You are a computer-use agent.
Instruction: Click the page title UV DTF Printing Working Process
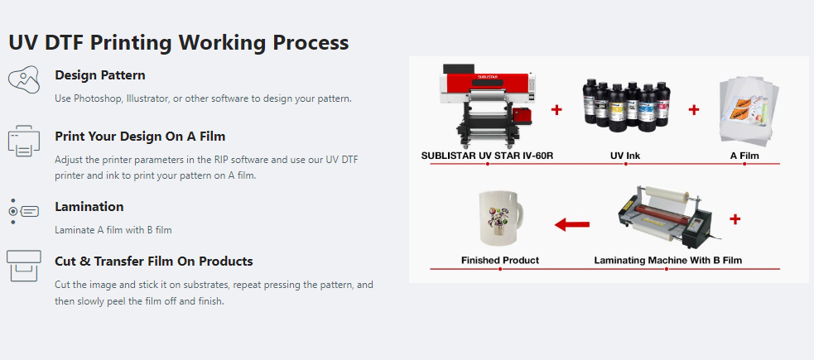tap(179, 42)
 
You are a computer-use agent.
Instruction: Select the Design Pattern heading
tap(100, 75)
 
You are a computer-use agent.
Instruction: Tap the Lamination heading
tap(89, 206)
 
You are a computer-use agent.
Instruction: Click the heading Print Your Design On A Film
tap(140, 137)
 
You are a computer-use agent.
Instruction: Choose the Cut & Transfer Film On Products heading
tap(154, 261)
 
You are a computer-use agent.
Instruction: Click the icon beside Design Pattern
tap(24, 79)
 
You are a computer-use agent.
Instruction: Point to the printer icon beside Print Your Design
tap(24, 141)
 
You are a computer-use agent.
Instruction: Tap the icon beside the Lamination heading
tap(24, 211)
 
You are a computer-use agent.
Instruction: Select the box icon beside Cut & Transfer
tap(24, 266)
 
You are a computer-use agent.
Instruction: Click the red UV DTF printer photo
tap(488, 106)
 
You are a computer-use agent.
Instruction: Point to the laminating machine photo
tap(666, 217)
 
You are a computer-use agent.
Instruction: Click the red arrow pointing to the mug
tap(572, 224)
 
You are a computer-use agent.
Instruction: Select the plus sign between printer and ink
tap(556, 110)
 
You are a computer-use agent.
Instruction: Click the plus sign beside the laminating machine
tap(735, 219)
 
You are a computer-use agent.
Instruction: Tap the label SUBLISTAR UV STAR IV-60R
tap(488, 155)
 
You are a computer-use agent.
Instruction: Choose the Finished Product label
tap(500, 261)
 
